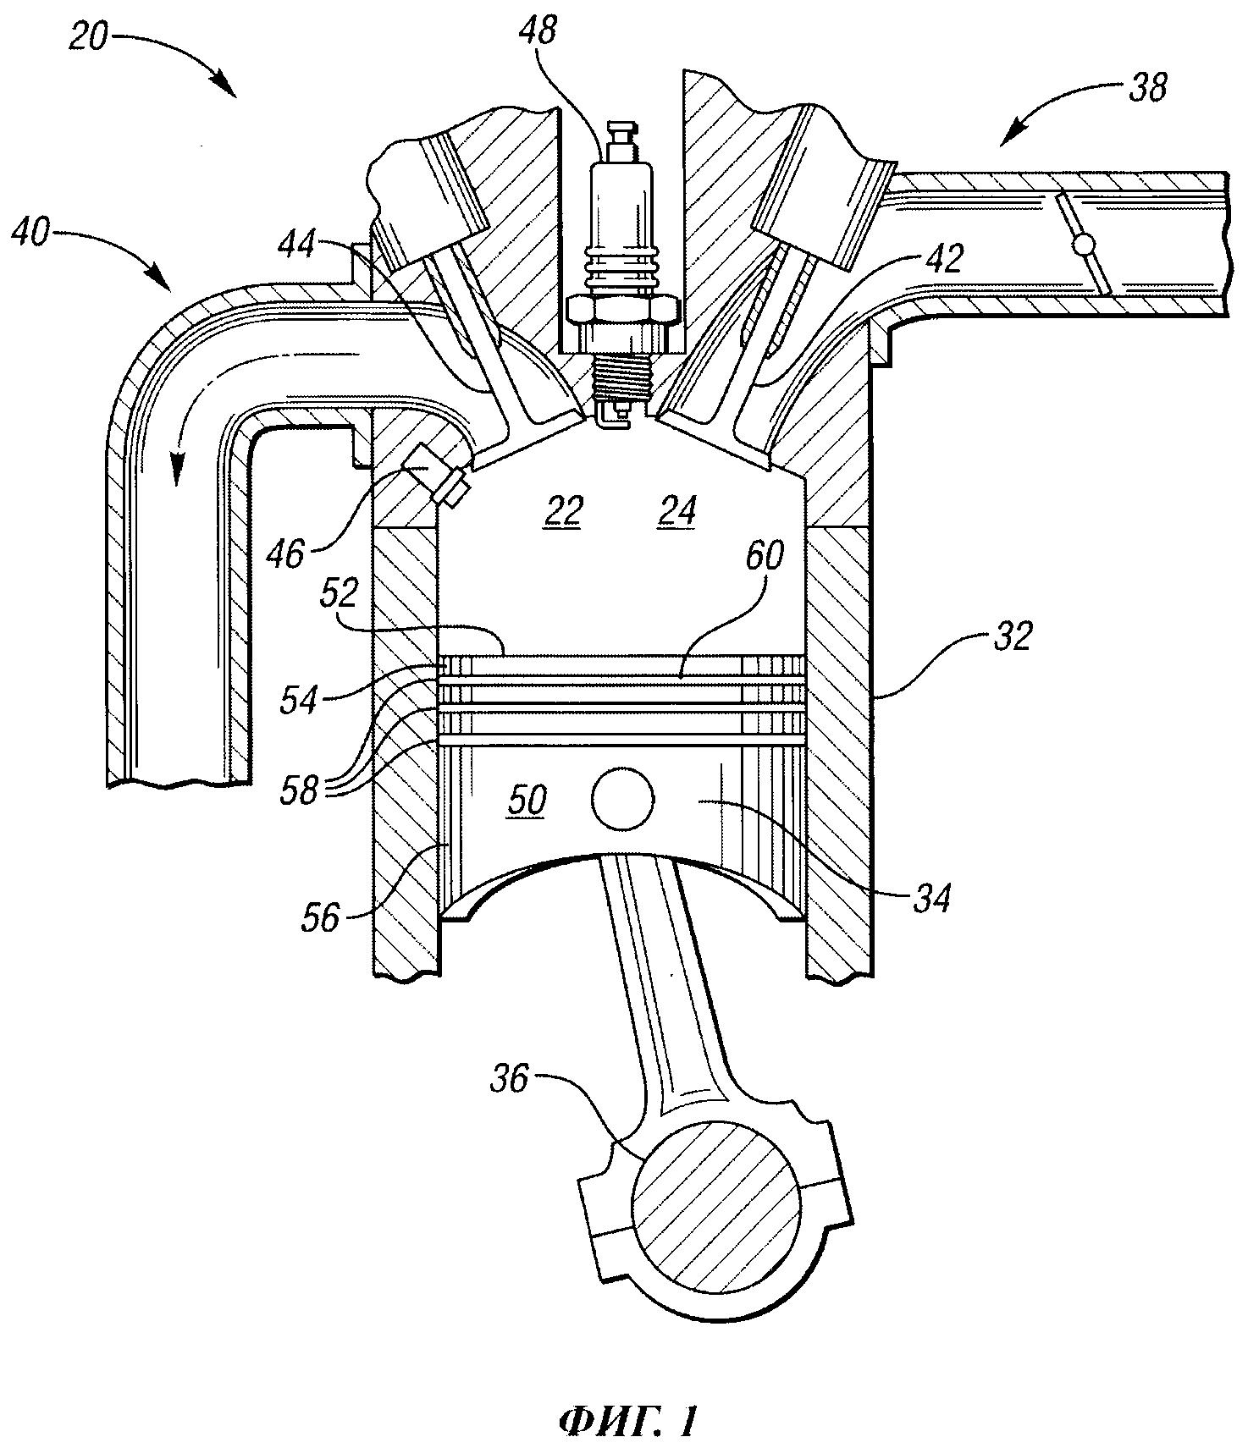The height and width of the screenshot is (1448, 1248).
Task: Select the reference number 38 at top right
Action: coord(1147,88)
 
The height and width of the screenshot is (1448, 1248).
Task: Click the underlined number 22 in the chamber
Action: coord(564,512)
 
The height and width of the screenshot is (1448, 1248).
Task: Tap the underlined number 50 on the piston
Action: coord(526,801)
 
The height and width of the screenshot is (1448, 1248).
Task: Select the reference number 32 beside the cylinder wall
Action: coord(1013,636)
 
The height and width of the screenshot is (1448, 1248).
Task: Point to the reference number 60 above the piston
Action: coord(764,556)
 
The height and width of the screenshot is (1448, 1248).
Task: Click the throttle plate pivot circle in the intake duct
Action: coord(1083,245)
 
